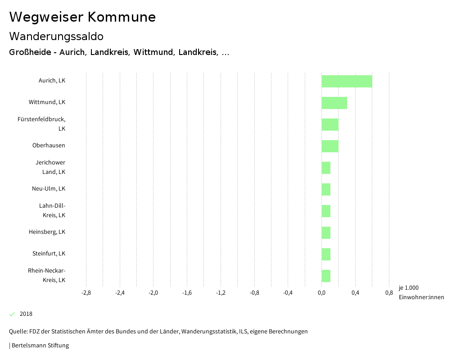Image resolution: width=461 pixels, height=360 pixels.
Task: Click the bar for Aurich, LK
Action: pos(347,81)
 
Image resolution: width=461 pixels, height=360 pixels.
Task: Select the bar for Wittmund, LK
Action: pos(334,103)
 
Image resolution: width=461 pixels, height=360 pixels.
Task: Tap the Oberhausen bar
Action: pos(330,146)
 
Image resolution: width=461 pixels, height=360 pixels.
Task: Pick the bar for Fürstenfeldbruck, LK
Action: pos(330,124)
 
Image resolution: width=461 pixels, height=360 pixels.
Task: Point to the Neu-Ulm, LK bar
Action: pos(326,189)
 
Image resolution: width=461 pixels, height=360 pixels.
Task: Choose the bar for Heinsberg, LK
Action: pos(326,232)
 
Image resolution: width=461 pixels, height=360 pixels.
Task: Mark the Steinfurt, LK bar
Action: pos(326,254)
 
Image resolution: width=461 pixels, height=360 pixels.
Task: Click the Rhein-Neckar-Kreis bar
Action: pos(326,276)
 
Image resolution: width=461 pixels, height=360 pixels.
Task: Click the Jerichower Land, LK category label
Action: pos(50,167)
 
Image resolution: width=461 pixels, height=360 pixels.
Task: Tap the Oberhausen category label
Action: pos(49,146)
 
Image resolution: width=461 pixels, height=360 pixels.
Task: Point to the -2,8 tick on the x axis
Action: pos(86,293)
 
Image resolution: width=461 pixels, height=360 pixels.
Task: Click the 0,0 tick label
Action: pos(321,293)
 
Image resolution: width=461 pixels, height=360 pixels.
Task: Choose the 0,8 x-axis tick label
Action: pos(389,293)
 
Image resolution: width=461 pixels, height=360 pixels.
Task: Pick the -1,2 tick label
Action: pos(221,293)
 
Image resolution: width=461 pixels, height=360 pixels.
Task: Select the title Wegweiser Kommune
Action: pos(82,17)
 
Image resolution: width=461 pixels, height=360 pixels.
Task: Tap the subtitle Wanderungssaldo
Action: pos(56,36)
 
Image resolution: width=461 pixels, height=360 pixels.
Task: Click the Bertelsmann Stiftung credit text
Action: pos(40,346)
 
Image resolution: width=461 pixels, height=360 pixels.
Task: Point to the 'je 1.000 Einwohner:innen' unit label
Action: pos(421,292)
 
